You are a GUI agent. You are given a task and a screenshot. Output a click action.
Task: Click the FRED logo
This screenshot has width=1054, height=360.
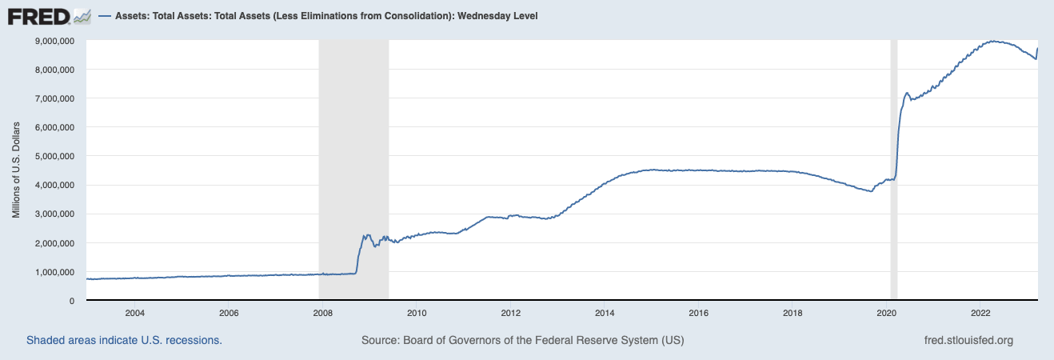click(48, 15)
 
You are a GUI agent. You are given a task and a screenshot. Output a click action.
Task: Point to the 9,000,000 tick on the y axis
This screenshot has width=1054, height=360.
click(52, 41)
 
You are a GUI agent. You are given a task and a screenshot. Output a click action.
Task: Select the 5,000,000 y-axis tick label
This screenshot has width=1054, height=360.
click(52, 156)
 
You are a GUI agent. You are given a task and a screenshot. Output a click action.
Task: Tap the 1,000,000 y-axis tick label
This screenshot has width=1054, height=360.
click(52, 272)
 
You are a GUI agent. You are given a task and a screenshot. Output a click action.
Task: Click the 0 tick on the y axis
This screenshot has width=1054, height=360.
click(72, 301)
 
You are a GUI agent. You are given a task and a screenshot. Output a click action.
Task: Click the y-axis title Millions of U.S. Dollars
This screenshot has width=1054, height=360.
click(16, 170)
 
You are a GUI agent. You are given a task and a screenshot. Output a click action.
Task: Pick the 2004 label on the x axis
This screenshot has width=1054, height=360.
click(134, 312)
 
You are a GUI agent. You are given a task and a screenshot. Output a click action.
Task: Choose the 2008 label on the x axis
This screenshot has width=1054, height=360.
click(322, 312)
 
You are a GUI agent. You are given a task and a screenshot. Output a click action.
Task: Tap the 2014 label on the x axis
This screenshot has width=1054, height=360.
click(605, 312)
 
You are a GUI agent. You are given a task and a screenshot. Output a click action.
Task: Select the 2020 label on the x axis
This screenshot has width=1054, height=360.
click(887, 312)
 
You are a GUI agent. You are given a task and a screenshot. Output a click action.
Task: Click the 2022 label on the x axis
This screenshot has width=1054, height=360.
click(981, 312)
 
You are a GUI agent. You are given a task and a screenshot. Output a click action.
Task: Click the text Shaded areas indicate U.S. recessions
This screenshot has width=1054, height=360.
click(124, 340)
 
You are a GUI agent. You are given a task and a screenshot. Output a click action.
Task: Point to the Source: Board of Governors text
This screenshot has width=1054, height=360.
click(522, 340)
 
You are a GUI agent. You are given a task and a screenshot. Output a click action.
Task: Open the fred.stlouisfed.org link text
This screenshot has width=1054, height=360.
click(968, 340)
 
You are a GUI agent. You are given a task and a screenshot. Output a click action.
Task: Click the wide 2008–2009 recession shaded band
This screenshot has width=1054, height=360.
click(353, 160)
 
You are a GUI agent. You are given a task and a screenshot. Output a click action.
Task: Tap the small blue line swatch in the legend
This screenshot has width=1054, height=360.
click(105, 16)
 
